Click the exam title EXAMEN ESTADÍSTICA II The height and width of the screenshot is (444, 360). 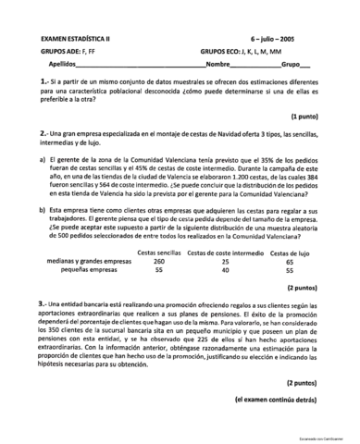click(x=75, y=39)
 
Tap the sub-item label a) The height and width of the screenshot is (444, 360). click(x=43, y=159)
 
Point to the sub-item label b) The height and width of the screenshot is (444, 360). click(x=43, y=210)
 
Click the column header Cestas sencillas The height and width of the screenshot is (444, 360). click(x=159, y=253)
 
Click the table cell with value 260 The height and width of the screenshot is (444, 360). click(x=159, y=262)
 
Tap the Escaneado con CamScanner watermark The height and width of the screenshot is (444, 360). click(x=330, y=436)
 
